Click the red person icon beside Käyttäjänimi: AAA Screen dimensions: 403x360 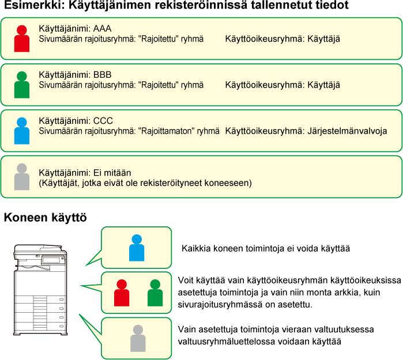[x=21, y=39]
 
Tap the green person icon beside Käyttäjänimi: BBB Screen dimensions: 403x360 [x=21, y=85]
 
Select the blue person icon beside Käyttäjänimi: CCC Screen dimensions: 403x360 [x=21, y=131]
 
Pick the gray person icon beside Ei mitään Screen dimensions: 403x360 [x=21, y=177]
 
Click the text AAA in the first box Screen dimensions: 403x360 [x=102, y=28]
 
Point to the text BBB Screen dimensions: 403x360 [x=102, y=75]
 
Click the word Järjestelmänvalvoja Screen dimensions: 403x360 [x=347, y=131]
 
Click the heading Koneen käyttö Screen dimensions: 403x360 [x=45, y=218]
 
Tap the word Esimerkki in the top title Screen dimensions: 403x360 [x=35, y=5]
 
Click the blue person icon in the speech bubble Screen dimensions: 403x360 [x=137, y=248]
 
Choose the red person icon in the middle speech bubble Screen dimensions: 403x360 [x=122, y=293]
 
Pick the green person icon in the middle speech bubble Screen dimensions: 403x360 [x=155, y=293]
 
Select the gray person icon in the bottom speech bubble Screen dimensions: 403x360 [x=138, y=338]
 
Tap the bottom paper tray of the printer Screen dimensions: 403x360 [x=40, y=326]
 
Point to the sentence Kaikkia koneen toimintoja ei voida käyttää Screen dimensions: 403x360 [x=266, y=249]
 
